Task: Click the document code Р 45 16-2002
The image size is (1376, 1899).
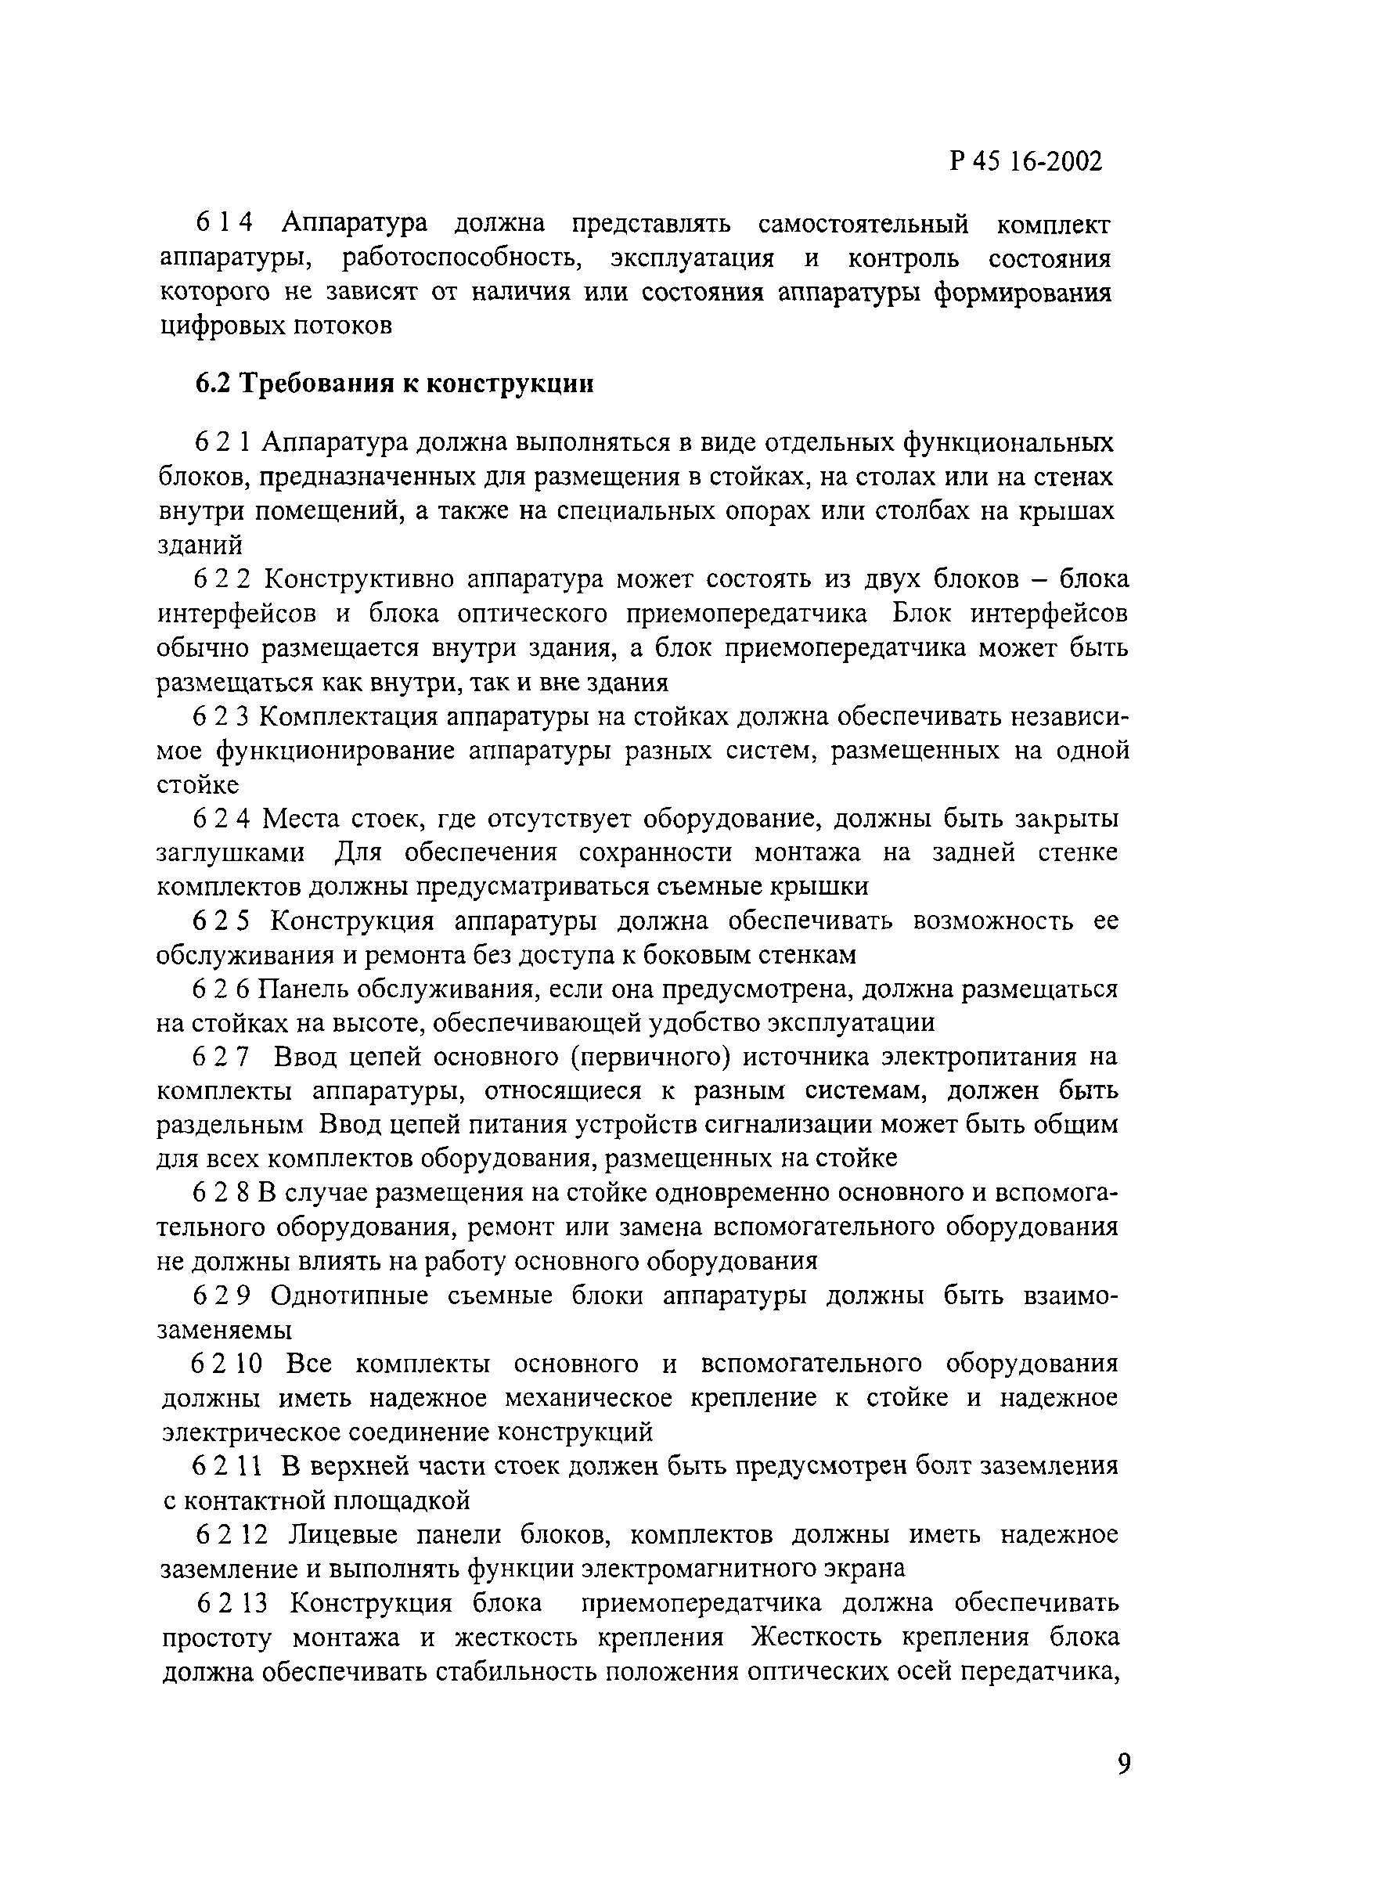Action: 1026,160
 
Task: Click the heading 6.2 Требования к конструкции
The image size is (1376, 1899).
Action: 394,384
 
